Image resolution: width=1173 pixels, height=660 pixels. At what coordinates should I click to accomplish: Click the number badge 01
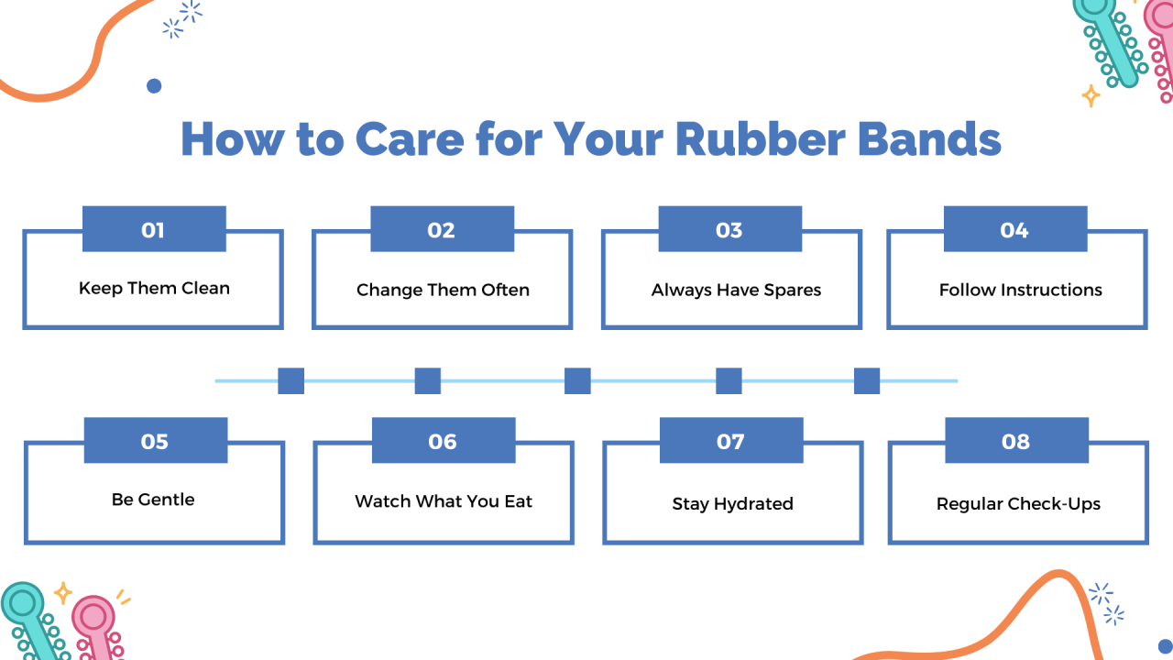tap(154, 229)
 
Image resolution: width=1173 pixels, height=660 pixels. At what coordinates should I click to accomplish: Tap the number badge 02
tap(442, 229)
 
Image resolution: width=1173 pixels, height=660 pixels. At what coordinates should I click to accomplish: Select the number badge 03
tap(729, 229)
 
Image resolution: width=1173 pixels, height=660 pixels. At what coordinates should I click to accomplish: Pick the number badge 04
tap(1014, 229)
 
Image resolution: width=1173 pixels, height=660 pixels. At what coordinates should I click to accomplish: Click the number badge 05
tap(155, 441)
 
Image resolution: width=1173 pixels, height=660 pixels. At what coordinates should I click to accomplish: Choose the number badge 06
tap(443, 441)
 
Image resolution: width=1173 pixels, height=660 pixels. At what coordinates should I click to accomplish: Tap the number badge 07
tap(730, 441)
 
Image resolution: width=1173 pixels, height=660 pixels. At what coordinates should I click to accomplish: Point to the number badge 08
tap(1016, 441)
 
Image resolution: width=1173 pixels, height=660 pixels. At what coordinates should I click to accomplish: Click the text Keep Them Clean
tap(154, 288)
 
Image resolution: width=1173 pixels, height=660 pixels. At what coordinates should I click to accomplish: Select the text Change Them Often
tap(443, 290)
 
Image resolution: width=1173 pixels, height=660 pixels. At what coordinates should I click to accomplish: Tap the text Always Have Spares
tap(736, 290)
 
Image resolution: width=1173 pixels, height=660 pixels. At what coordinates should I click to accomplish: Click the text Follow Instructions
tap(1020, 290)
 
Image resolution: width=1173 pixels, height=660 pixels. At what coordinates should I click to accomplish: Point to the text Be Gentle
tap(153, 500)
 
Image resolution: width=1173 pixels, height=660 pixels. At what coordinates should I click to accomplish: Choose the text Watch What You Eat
tap(444, 501)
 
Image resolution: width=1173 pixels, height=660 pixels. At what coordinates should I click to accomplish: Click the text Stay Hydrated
tap(732, 503)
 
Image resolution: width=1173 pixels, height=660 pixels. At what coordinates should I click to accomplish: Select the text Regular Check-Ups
tap(1018, 503)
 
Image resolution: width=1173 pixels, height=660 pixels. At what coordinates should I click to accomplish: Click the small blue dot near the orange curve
tap(154, 85)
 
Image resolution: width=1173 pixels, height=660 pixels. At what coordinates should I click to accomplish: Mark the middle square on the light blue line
tap(577, 380)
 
